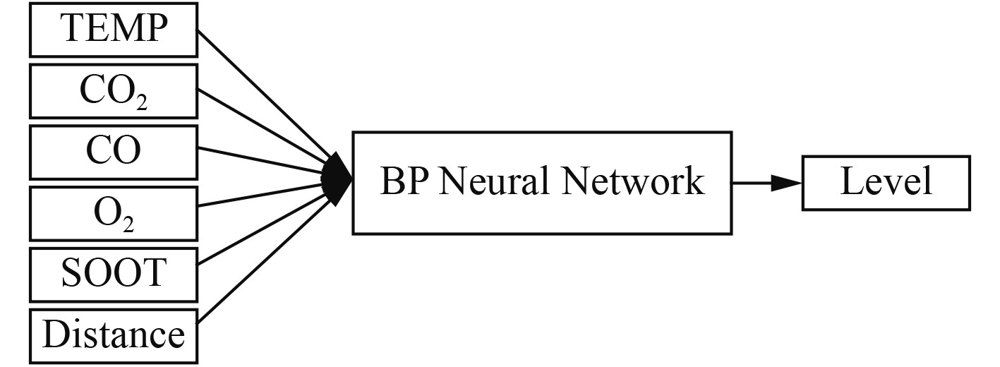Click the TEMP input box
point(113,30)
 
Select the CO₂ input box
point(113,91)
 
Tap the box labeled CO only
point(113,151)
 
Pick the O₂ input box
point(113,211)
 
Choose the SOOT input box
point(113,272)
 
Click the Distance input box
point(113,333)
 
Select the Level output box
point(886,182)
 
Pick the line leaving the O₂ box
point(261,195)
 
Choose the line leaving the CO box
point(261,162)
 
